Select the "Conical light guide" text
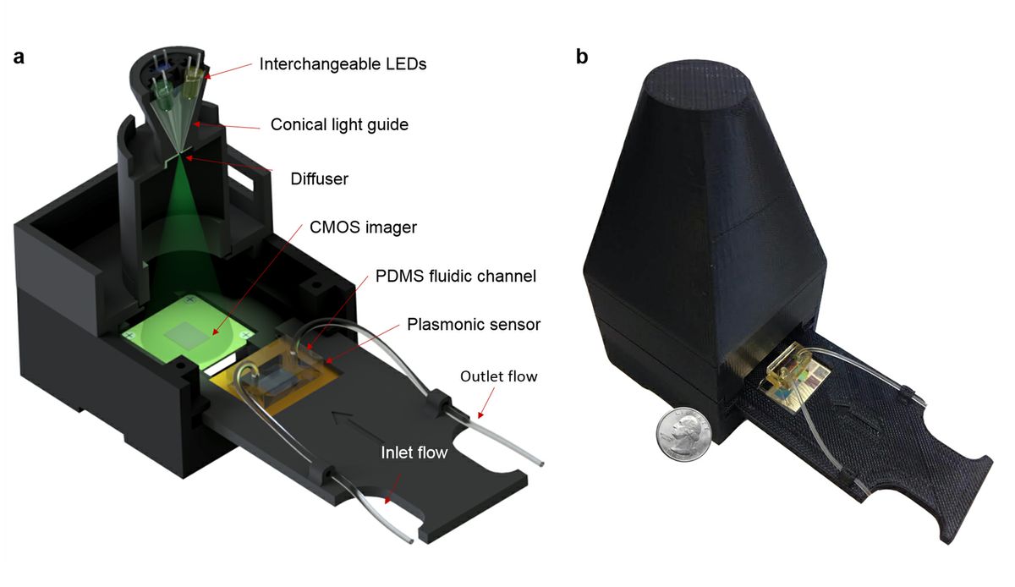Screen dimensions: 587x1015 coord(339,124)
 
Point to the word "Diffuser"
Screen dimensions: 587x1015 coord(319,178)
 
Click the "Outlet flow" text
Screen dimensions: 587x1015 coord(498,376)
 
